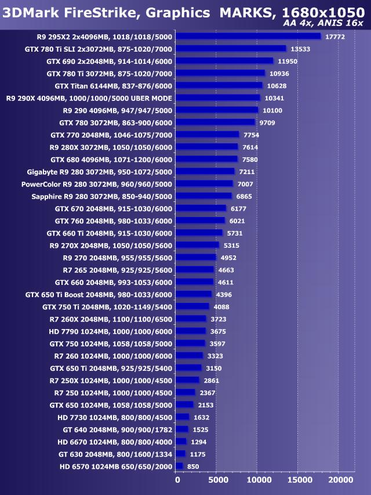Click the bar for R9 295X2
248,36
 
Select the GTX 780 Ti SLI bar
231,49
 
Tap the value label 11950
288,61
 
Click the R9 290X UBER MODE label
89,98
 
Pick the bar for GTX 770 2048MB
207,135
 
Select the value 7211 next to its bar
247,172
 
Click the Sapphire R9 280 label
101,196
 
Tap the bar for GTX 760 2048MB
200,221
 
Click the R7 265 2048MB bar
194,269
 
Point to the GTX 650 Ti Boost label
99,294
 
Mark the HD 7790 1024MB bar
190,331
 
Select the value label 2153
206,404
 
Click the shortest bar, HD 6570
179,466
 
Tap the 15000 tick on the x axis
297,480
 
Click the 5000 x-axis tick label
216,480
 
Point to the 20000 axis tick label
338,480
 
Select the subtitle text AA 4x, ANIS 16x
323,23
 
